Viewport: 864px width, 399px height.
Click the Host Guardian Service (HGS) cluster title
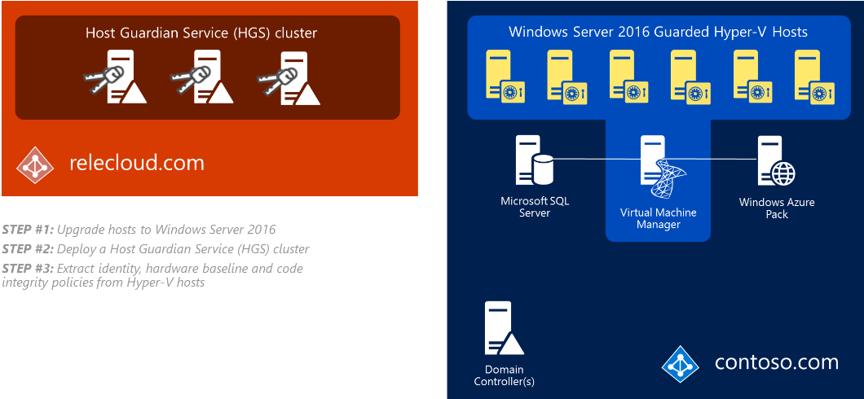tap(201, 33)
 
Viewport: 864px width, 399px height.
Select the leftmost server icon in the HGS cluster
tap(119, 76)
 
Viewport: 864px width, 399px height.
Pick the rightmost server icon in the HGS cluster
tap(293, 76)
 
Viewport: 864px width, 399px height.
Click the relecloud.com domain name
tap(137, 164)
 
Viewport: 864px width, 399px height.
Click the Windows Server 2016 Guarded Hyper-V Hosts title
tap(658, 33)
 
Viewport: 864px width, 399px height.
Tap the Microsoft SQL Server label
tap(535, 207)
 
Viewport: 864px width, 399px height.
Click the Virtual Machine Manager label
tap(658, 218)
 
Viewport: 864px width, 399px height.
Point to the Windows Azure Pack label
tap(776, 208)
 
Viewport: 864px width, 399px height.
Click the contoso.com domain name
tap(776, 362)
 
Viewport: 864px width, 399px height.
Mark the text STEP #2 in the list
tap(28, 249)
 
